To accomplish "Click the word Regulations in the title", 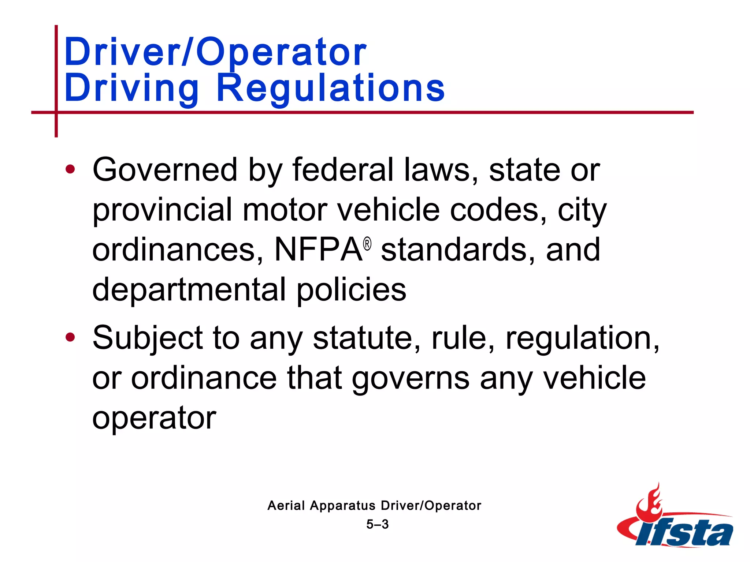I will pyautogui.click(x=330, y=88).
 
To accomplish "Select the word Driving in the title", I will pyautogui.click(x=131, y=88).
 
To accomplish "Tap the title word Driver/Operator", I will pyautogui.click(x=215, y=52).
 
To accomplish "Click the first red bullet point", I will pyautogui.click(x=70, y=169).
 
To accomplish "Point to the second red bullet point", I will pyautogui.click(x=70, y=337).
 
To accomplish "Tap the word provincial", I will pyautogui.click(x=162, y=210).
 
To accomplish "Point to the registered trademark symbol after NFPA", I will pyautogui.click(x=367, y=244).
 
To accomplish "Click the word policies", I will pyautogui.click(x=351, y=289).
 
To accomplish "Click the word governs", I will pyautogui.click(x=411, y=378).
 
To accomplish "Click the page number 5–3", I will pyautogui.click(x=377, y=524).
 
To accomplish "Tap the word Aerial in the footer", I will pyautogui.click(x=286, y=506).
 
